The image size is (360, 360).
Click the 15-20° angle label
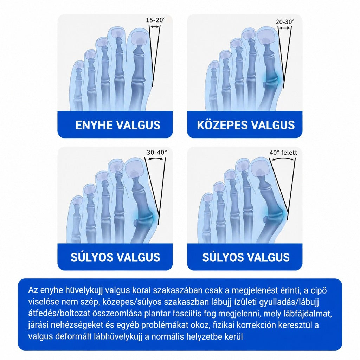(x=156, y=20)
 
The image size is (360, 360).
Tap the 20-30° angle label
(x=285, y=22)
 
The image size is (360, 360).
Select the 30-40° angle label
(x=157, y=152)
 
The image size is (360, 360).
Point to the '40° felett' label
(x=283, y=153)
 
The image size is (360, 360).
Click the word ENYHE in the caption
(x=94, y=125)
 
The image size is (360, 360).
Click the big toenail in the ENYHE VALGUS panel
(x=138, y=39)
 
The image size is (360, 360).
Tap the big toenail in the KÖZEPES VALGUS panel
(x=266, y=36)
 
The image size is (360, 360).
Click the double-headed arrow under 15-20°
(x=155, y=27)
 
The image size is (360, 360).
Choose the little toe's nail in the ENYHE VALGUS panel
(x=79, y=65)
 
